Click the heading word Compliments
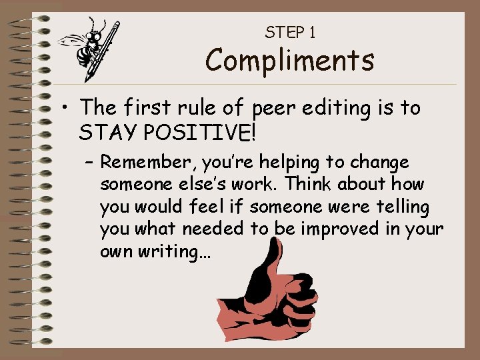pyautogui.click(x=289, y=61)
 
